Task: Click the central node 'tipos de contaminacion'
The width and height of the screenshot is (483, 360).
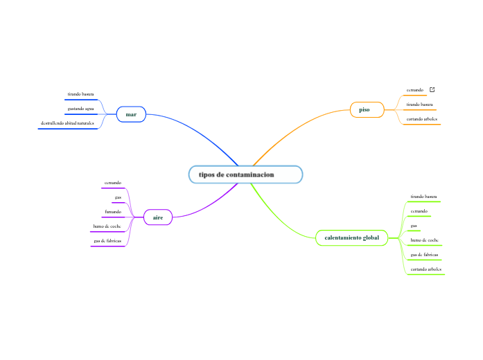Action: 245,174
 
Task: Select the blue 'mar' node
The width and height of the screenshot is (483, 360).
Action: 131,114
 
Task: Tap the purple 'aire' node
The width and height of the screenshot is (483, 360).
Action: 158,217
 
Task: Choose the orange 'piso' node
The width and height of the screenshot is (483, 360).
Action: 364,109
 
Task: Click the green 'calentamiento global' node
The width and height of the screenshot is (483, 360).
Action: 352,237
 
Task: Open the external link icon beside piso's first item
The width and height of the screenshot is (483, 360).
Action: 432,90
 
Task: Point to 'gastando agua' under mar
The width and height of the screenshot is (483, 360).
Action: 80,109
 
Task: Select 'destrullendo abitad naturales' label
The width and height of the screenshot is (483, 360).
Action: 67,123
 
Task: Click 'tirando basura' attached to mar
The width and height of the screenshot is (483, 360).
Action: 80,93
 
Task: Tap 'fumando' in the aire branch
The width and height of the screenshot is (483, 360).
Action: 113,211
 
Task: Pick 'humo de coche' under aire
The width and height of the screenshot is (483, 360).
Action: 107,226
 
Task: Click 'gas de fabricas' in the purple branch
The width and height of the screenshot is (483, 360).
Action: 107,241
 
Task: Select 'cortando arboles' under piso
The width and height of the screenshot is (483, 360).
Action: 422,119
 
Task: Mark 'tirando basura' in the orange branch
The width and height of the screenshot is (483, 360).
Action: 420,105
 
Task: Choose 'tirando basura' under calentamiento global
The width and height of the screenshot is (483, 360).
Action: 423,196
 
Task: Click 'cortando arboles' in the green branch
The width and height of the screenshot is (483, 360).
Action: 426,269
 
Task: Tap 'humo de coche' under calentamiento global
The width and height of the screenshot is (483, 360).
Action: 424,240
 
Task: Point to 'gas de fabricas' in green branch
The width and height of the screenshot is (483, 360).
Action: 424,255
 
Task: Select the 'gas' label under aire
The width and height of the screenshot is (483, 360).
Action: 118,197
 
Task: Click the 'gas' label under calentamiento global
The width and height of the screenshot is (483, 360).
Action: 414,226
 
